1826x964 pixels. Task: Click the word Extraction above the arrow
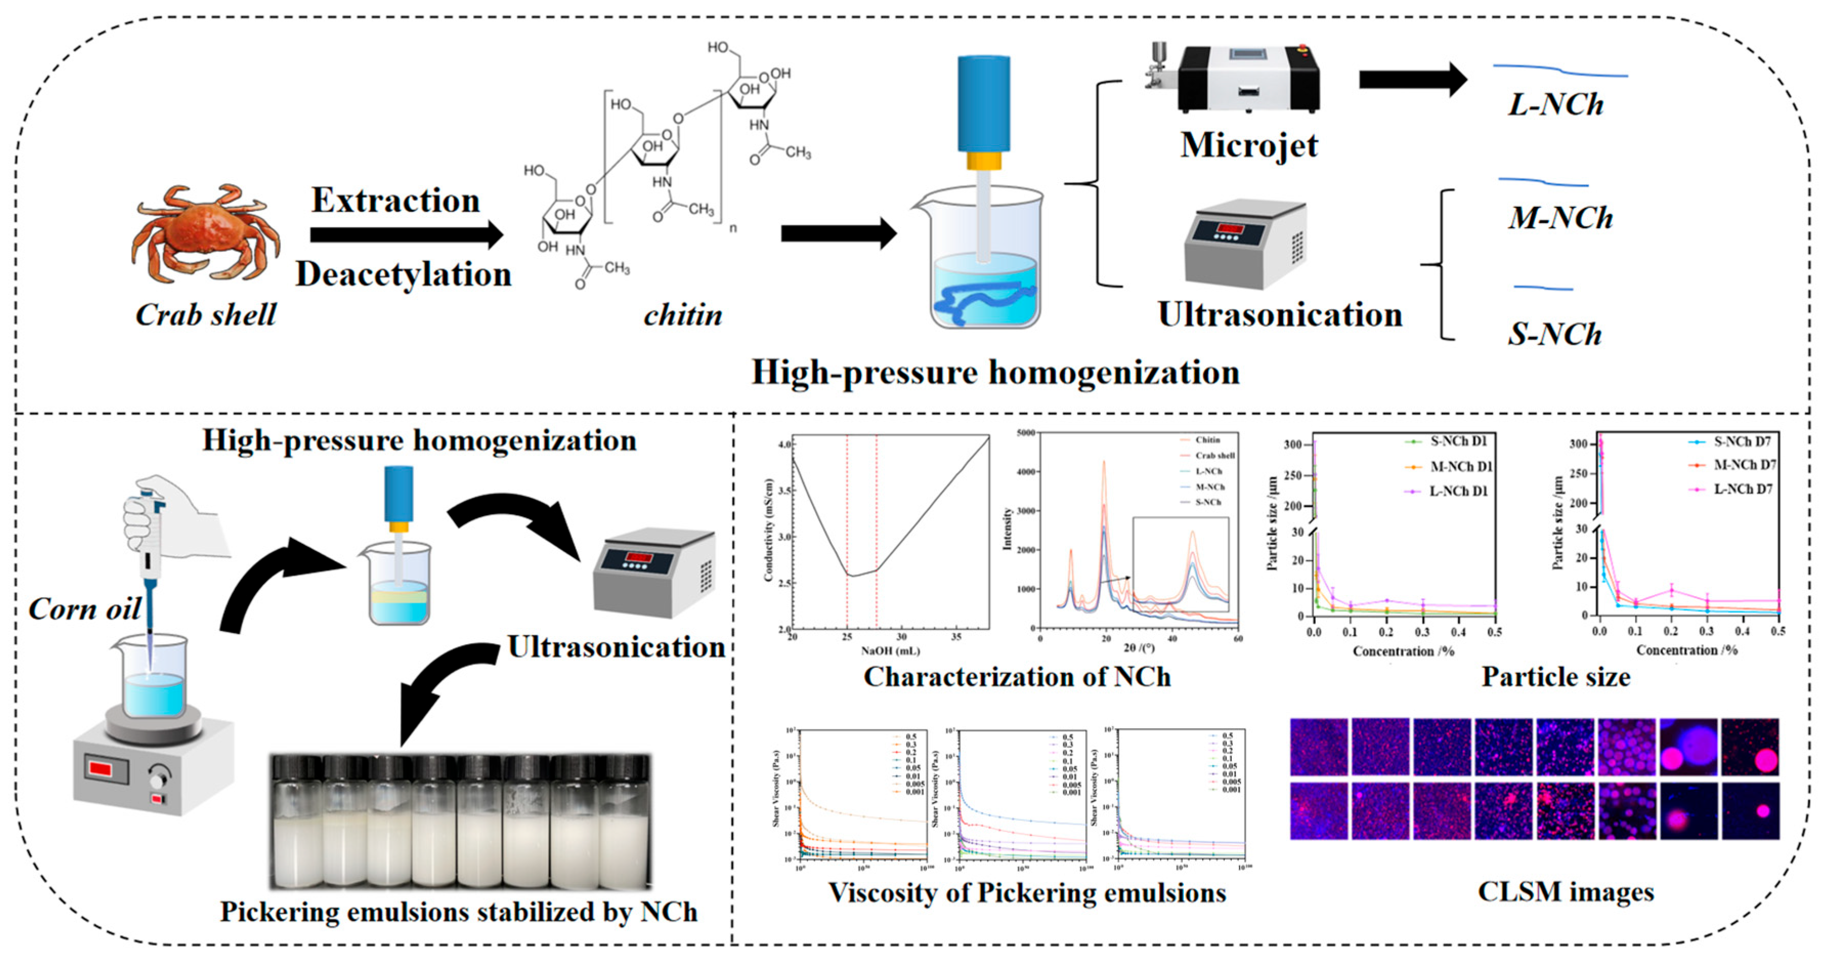(x=396, y=201)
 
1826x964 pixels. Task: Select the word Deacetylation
(x=403, y=274)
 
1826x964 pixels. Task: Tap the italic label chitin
(x=683, y=315)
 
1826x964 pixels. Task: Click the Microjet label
(x=1249, y=145)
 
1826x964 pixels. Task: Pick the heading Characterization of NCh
(x=1016, y=677)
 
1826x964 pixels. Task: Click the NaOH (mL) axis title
(x=890, y=650)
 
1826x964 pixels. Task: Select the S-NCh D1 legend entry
(x=1458, y=442)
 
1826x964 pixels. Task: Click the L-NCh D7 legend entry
(x=1743, y=489)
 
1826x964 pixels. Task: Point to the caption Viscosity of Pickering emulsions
(x=1027, y=893)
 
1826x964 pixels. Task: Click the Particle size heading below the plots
(x=1555, y=677)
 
